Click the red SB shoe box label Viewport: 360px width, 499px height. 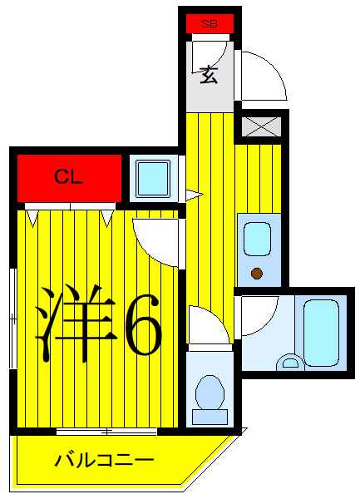pos(210,24)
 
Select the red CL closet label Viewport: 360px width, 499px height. pos(68,176)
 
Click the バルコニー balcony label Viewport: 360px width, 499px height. pos(104,459)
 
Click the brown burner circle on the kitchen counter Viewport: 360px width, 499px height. pos(257,273)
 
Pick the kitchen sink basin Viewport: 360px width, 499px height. pos(256,238)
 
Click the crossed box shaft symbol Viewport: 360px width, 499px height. pos(262,126)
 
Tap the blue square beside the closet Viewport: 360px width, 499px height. pos(154,177)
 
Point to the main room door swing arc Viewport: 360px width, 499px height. pos(155,241)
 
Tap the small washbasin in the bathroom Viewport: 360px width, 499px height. pos(290,362)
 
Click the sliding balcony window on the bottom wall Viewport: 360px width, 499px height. pos(106,432)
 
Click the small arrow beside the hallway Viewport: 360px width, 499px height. pos(194,196)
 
